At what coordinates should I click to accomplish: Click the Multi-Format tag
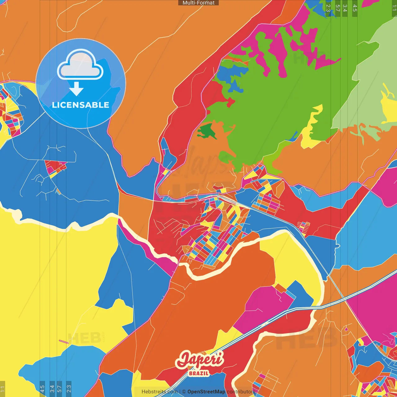pos(198,3)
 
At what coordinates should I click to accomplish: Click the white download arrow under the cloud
pos(76,89)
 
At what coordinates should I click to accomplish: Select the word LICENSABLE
pos(81,105)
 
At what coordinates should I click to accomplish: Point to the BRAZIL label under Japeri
pos(199,373)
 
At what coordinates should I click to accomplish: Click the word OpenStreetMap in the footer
pos(206,392)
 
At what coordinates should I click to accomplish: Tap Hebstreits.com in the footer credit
pos(159,392)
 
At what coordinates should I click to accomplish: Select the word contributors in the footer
pos(241,392)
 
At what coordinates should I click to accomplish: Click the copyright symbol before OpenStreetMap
pos(184,392)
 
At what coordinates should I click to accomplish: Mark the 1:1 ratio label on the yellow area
pos(2,389)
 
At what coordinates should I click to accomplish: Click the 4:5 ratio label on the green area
pos(355,8)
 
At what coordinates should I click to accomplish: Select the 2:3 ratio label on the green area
pos(328,8)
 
